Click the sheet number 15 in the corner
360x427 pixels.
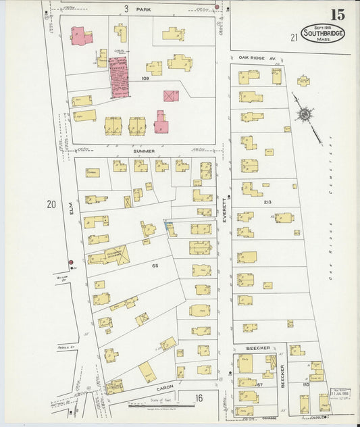[x=337, y=14]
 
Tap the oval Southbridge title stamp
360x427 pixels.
[x=322, y=34]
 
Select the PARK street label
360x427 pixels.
[x=143, y=9]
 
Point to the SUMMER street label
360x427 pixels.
[x=144, y=150]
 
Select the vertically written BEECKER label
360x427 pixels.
[x=282, y=376]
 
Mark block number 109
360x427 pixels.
[x=145, y=78]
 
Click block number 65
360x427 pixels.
[x=155, y=266]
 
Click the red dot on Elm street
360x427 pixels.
[x=70, y=262]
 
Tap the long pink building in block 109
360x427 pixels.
[x=120, y=77]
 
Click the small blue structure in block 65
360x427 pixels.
[x=167, y=225]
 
